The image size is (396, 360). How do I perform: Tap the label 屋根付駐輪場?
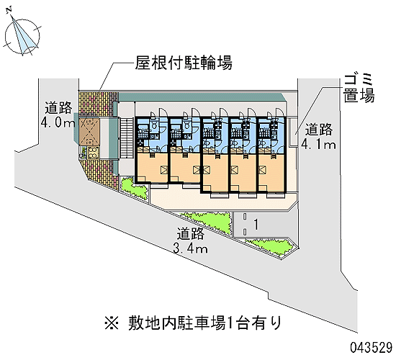click(184, 63)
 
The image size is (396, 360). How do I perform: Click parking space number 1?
click(256, 225)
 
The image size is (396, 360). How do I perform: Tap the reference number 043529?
click(371, 348)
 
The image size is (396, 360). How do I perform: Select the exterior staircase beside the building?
click(125, 138)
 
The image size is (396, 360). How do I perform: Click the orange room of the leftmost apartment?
click(153, 167)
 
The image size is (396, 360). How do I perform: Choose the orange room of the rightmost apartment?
click(271, 173)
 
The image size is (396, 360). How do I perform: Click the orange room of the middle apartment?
click(217, 173)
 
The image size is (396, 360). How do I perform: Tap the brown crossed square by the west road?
click(89, 132)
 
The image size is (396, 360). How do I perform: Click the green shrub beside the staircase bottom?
click(134, 188)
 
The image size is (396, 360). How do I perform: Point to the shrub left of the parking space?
click(207, 222)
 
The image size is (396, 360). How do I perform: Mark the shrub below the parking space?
click(270, 246)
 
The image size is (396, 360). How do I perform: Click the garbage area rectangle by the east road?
click(293, 132)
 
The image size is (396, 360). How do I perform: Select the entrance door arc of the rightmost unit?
click(279, 113)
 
